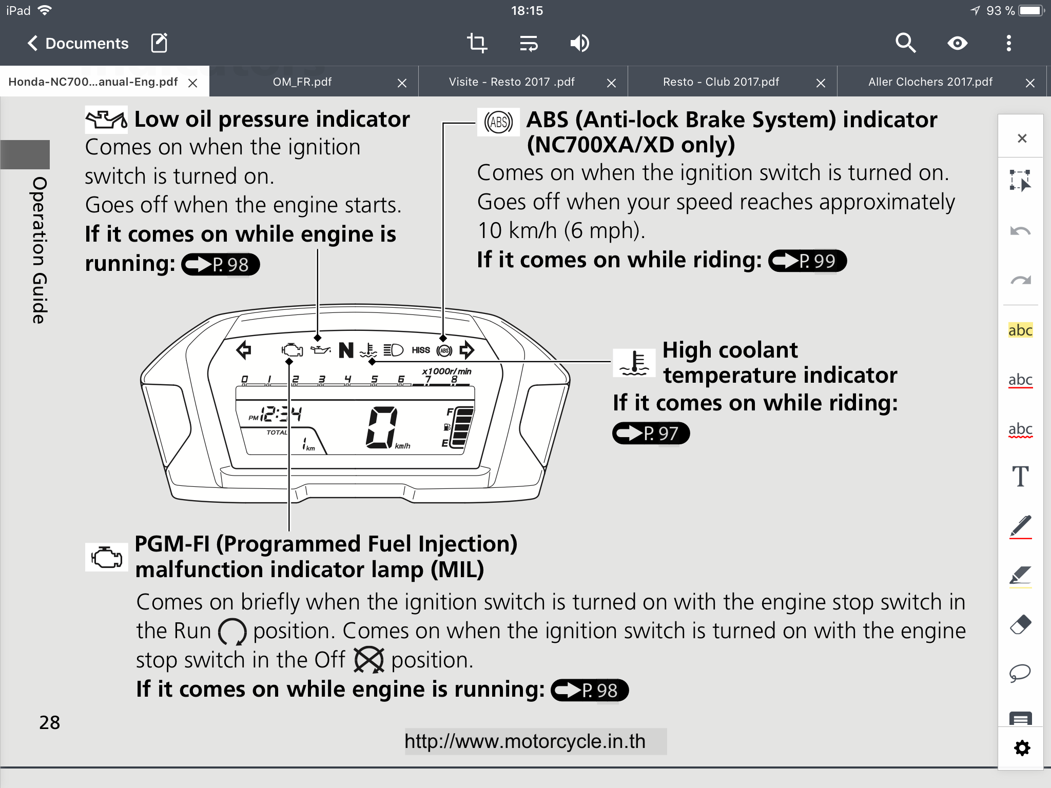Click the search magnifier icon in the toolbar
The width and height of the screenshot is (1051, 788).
coord(905,44)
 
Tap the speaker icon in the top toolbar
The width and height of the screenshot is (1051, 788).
coord(579,44)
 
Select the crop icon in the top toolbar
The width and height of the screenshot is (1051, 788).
coord(477,44)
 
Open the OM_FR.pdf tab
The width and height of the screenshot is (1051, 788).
coord(302,82)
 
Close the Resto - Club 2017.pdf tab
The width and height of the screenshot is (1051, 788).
coord(821,83)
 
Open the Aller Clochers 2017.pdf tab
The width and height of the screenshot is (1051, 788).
coord(930,82)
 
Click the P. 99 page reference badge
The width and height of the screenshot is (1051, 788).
coord(807,261)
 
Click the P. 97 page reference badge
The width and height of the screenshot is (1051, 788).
coord(651,434)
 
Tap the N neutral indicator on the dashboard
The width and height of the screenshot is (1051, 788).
coord(346,351)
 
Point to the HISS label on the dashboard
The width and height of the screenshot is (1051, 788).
coord(421,350)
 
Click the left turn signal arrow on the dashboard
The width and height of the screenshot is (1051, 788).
coord(244,350)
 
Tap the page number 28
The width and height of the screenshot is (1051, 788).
coord(50,723)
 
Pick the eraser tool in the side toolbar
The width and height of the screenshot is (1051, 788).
coord(1020,624)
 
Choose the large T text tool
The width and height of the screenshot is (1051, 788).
coord(1020,477)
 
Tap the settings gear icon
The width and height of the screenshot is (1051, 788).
coord(1022,748)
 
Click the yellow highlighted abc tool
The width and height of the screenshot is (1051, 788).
coord(1020,330)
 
